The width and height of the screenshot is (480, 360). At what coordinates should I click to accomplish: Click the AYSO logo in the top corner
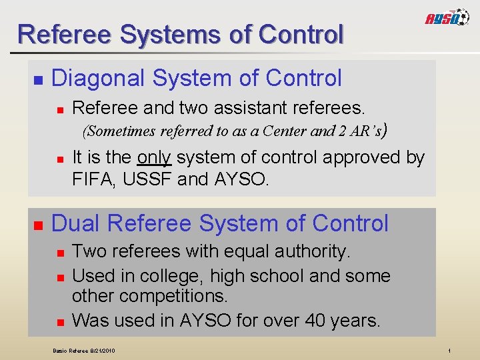[x=448, y=18]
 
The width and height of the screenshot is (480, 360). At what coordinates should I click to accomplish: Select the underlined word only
[x=154, y=157]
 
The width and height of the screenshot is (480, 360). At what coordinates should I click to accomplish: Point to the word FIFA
[x=93, y=179]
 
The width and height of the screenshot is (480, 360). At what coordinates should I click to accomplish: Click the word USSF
[x=147, y=179]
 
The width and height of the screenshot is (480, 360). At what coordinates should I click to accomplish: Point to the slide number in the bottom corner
[x=450, y=350]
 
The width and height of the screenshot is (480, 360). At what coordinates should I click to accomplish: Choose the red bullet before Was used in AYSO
[x=59, y=322]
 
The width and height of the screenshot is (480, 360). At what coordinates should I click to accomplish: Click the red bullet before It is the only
[x=59, y=159]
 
